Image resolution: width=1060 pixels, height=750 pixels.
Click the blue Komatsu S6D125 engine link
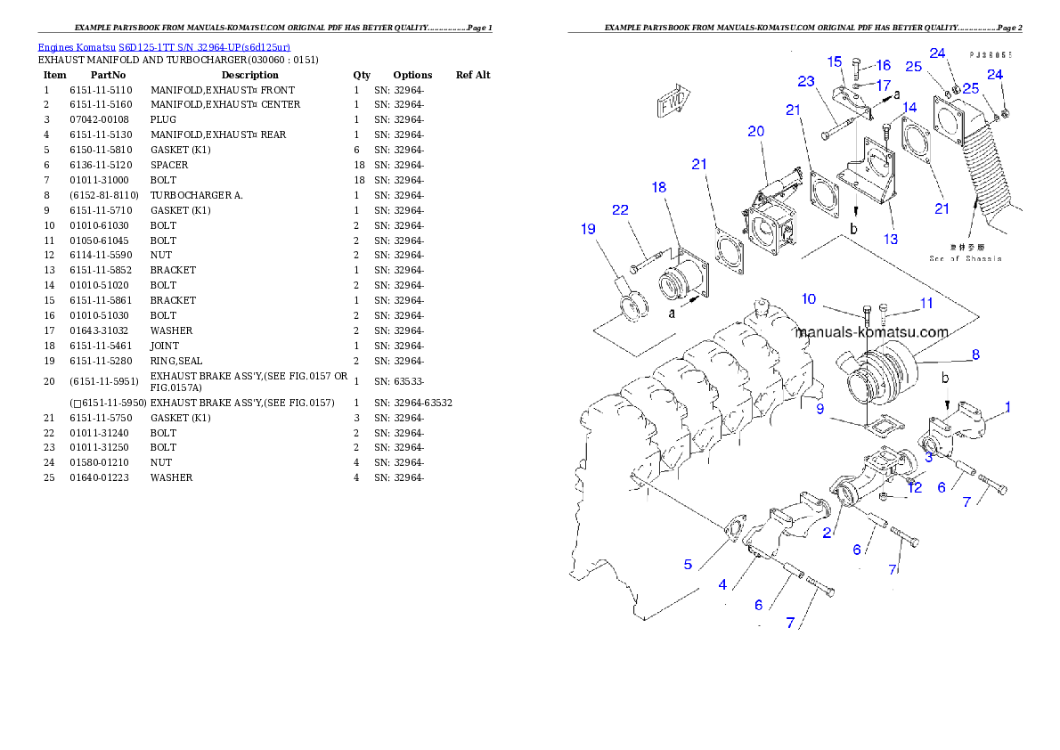[164, 46]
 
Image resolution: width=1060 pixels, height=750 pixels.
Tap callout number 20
[756, 131]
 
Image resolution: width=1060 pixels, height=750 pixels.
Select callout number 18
[659, 187]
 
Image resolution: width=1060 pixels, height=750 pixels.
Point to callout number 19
[588, 229]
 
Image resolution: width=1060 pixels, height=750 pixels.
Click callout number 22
[621, 209]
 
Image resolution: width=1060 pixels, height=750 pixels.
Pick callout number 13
[891, 239]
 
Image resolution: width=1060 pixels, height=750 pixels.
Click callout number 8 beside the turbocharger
[975, 355]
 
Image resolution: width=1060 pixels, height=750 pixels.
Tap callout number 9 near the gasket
[819, 408]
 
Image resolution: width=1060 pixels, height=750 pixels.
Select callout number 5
[688, 565]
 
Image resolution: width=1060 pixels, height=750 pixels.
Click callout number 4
[723, 584]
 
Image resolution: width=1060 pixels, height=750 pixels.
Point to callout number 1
[1007, 407]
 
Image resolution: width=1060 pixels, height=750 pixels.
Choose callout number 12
[915, 486]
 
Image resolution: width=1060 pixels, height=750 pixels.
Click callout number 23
[806, 81]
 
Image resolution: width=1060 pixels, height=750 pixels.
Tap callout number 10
[809, 299]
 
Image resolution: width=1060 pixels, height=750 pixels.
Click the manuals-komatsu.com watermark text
[872, 332]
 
